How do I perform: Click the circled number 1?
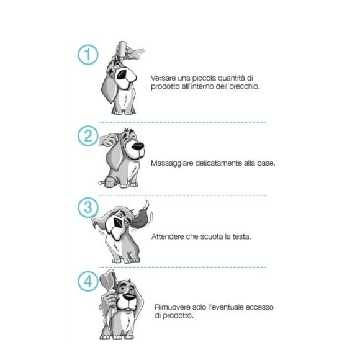(88, 55)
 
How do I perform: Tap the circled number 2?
(88, 136)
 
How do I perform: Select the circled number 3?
(88, 208)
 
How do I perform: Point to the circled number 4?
(88, 281)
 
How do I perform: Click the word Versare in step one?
(163, 78)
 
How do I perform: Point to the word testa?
(241, 236)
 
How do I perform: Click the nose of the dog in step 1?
(130, 74)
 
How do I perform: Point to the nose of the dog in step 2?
(138, 146)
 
